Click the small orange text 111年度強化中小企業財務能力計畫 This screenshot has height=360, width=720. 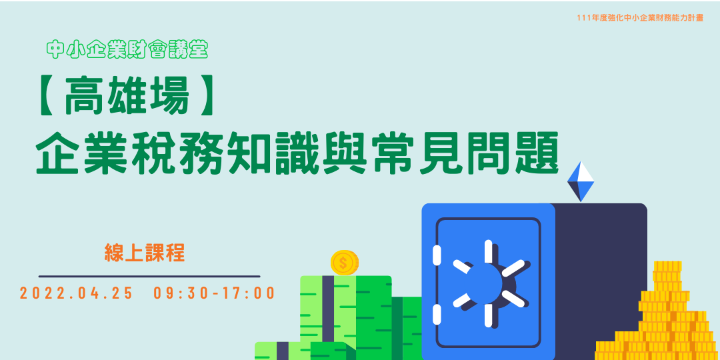pos(640,18)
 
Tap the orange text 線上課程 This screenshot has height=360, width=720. pos(145,252)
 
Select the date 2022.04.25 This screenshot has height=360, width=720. pos(77,293)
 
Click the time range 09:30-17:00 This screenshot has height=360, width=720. pos(214,293)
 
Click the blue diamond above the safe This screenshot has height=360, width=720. pos(581,181)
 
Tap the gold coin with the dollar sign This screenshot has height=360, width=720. pos(344,263)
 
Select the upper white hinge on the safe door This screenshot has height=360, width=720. pos(437,255)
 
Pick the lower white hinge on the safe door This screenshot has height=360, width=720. pos(437,314)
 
